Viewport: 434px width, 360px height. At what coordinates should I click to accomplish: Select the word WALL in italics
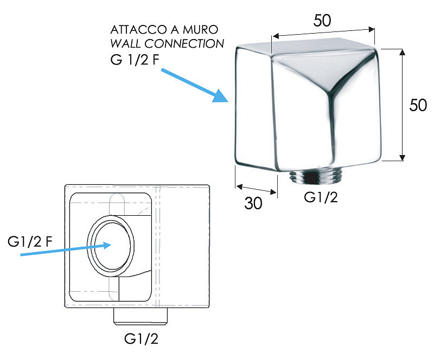pos(126,43)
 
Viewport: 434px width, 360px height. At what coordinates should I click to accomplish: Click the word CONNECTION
pos(184,43)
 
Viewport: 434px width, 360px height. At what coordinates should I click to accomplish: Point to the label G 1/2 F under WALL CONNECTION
pos(135,59)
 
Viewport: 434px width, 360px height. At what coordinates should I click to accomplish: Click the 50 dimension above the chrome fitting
pos(322,20)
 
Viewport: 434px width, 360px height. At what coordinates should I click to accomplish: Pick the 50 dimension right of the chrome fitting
pos(418,105)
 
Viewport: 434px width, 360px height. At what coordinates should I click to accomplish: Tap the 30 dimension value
pos(253,203)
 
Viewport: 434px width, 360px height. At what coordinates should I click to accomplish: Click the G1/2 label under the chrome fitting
pos(321,197)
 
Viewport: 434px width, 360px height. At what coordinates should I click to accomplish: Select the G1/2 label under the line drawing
pos(141,338)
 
